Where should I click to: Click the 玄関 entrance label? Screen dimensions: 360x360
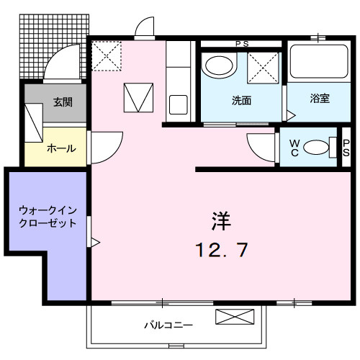62,102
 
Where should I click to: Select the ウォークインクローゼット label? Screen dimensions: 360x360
47,217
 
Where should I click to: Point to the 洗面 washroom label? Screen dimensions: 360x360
241,100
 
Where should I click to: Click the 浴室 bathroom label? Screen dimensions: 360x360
320,98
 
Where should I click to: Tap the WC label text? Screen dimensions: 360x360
294,148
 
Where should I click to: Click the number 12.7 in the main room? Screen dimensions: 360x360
221,250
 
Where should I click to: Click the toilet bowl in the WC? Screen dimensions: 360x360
317,148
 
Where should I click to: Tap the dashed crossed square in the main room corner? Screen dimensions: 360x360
106,54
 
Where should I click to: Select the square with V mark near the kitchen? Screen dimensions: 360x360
139,97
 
